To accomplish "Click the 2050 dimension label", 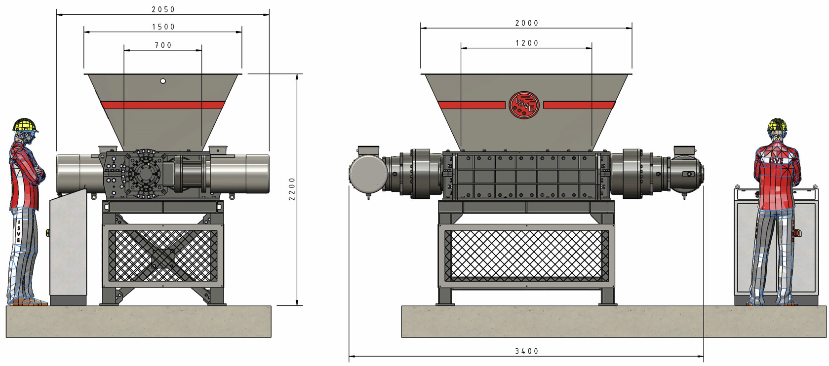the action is tap(163, 9).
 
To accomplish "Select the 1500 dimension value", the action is tap(163, 27).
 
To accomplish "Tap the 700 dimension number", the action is tap(163, 45).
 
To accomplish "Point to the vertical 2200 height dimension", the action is tap(292, 189).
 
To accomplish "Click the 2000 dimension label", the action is tap(527, 23).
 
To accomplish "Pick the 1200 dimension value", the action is tap(527, 43).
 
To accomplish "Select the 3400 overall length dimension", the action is tap(527, 351).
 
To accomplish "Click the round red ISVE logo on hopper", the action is tap(524, 105).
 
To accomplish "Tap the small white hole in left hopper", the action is tap(163, 81).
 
